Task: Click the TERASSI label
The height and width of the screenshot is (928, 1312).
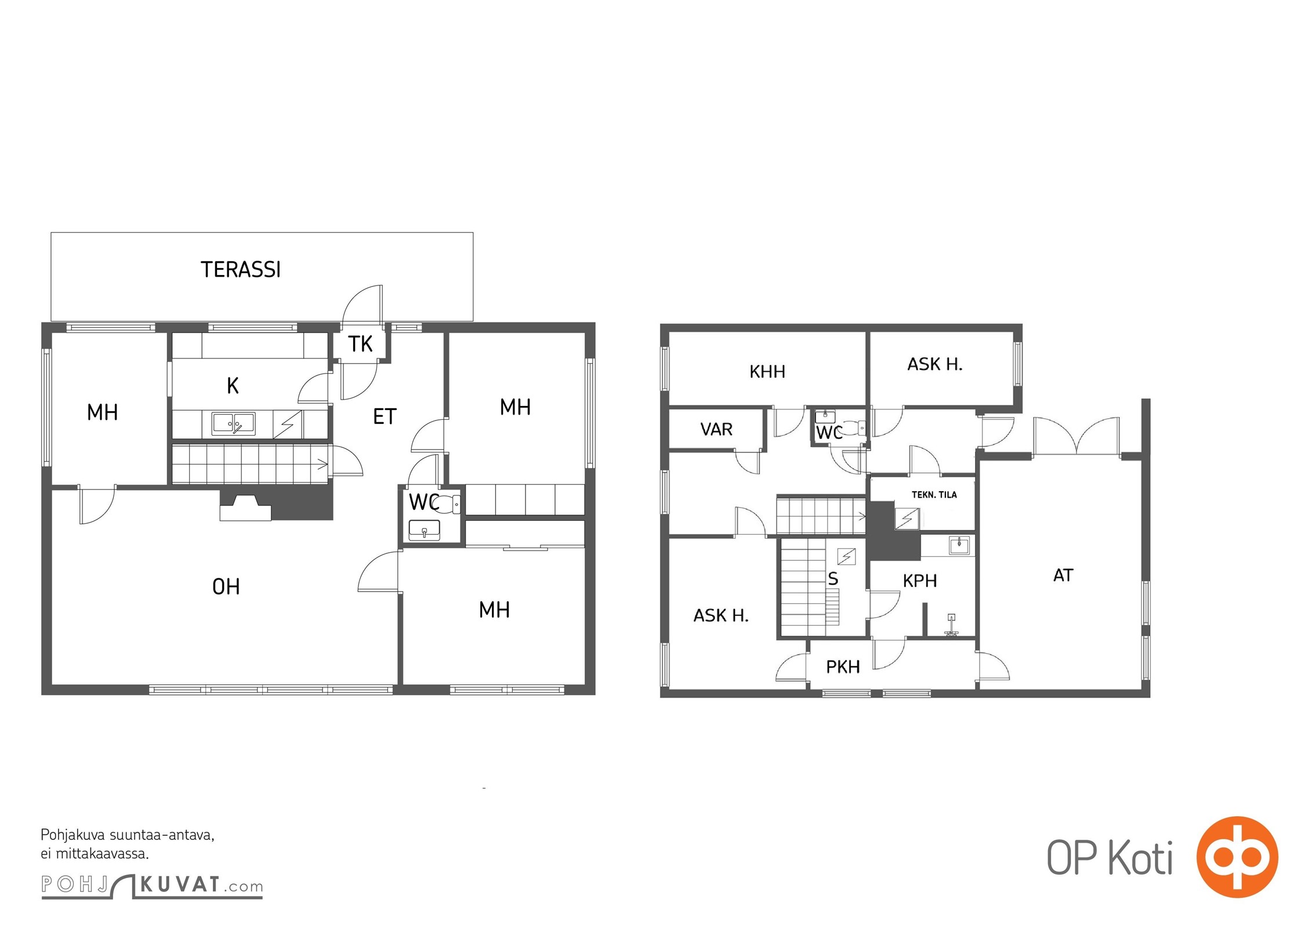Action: tap(241, 270)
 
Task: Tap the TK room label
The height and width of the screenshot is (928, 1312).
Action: tap(360, 344)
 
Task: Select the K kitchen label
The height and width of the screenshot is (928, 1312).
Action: tap(233, 386)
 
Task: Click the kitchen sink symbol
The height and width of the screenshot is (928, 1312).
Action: tap(233, 424)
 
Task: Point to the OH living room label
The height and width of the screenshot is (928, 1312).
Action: tap(226, 587)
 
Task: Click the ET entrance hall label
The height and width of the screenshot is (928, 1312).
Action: tap(385, 416)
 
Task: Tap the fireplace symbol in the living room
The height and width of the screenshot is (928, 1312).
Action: tap(245, 507)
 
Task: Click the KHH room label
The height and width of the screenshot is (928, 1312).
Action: tap(767, 372)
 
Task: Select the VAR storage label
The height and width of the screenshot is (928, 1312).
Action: tap(716, 430)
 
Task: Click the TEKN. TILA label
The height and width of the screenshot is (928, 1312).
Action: tap(934, 495)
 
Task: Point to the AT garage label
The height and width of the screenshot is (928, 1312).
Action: tap(1063, 575)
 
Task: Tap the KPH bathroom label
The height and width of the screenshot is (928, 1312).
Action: tap(920, 581)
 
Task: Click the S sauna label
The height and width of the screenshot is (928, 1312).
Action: tap(833, 578)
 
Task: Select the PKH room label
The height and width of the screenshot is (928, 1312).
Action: tap(843, 667)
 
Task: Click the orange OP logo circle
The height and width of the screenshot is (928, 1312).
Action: tap(1237, 857)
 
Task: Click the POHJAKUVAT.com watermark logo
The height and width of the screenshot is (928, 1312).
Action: tap(152, 886)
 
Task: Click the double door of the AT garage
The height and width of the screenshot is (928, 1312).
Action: tap(1076, 435)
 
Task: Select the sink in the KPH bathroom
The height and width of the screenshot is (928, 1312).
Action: tap(959, 545)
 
